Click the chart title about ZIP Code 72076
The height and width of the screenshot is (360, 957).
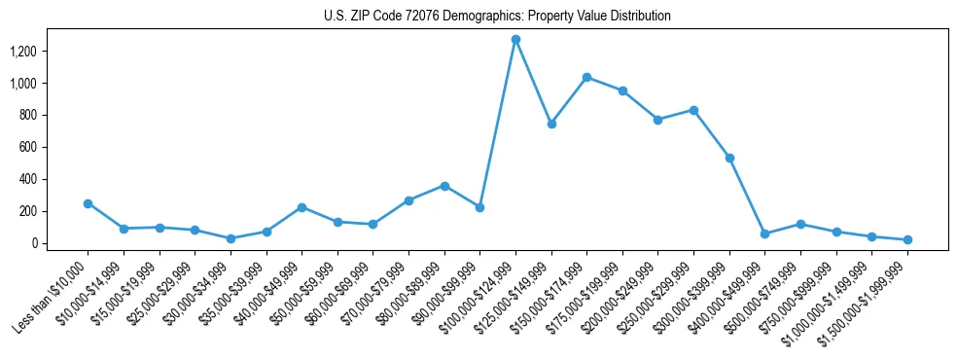pos(497,17)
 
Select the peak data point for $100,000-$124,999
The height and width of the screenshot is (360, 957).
pos(515,40)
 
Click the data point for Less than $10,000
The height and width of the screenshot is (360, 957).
pos(88,203)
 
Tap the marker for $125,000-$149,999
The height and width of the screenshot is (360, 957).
pos(551,124)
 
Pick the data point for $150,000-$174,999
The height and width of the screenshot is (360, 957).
pos(586,77)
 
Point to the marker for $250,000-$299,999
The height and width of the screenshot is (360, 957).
pos(693,110)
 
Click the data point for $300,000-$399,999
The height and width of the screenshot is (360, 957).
pos(729,158)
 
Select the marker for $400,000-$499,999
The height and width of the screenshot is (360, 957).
pos(764,234)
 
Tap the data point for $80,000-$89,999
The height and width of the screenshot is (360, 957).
pos(444,186)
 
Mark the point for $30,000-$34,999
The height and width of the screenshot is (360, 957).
pos(230,238)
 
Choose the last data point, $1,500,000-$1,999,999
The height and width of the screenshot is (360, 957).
pos(907,239)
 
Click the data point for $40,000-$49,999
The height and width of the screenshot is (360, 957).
pos(301,207)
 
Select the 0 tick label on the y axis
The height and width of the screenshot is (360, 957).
pos(43,243)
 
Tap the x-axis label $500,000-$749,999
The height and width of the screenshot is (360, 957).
pos(768,292)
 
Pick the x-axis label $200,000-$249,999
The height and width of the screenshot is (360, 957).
pos(625,292)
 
